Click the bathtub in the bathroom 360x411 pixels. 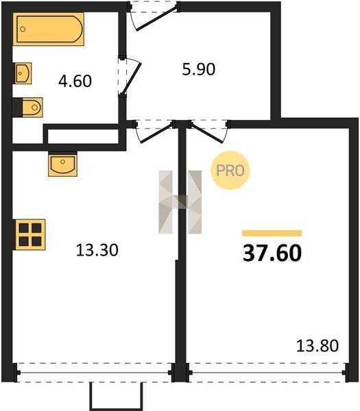[x=49, y=29]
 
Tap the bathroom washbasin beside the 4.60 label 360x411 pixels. [x=23, y=73]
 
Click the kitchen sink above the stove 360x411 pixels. [x=62, y=164]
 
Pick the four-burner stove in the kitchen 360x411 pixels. [x=29, y=234]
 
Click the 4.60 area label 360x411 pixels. [x=75, y=81]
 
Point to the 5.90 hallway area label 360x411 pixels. [x=199, y=69]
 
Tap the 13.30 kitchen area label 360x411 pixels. [x=97, y=250]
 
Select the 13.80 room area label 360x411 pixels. [x=317, y=346]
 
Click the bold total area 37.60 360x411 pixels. [x=272, y=253]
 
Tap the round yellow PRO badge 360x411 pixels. [x=230, y=171]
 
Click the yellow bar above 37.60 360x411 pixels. [x=272, y=234]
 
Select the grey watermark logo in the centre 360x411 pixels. [x=180, y=202]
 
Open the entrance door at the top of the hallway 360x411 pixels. [x=157, y=19]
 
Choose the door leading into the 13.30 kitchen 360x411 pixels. [x=156, y=134]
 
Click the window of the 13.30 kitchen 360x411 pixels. [x=94, y=373]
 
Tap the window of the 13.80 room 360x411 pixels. [x=267, y=373]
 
